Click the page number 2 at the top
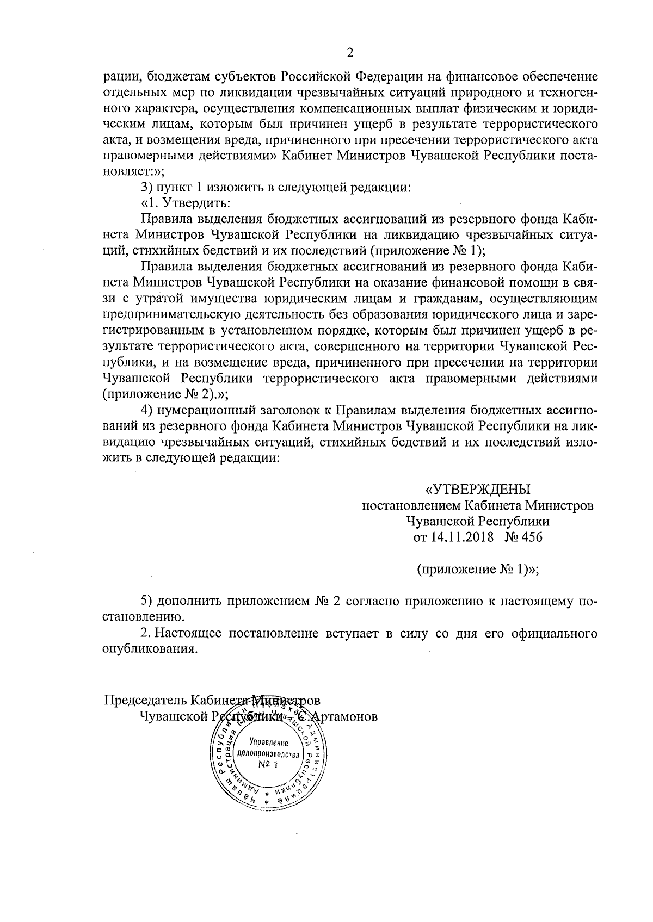click(x=350, y=53)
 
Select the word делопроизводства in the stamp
click(x=267, y=755)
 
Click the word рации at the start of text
click(x=116, y=76)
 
